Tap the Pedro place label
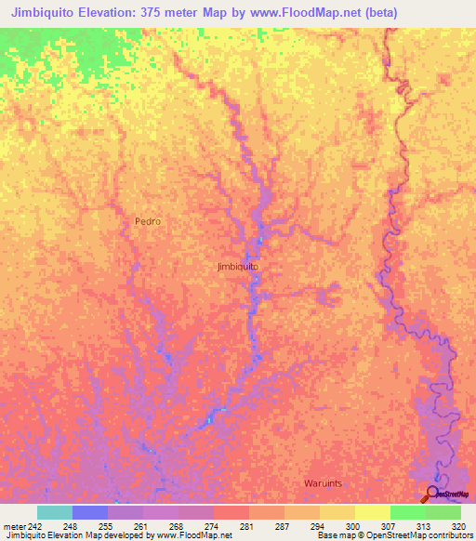pyautogui.click(x=148, y=221)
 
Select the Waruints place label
pyautogui.click(x=324, y=483)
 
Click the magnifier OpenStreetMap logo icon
pyautogui.click(x=432, y=493)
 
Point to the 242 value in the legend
pyautogui.click(x=33, y=525)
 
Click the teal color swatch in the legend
pyautogui.click(x=55, y=512)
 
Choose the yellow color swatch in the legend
pyautogui.click(x=372, y=512)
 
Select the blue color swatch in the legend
pyautogui.click(x=90, y=512)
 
